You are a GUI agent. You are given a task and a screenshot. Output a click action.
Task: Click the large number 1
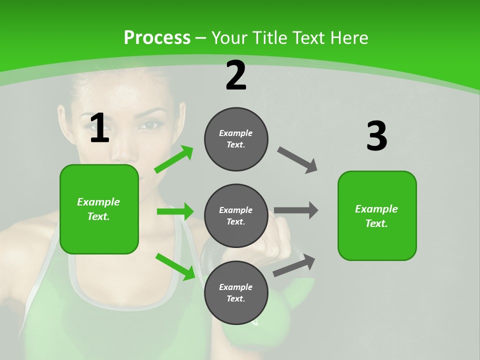tap(99, 128)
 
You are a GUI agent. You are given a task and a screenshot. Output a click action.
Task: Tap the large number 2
tap(236, 76)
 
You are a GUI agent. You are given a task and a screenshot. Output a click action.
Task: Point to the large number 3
tap(376, 136)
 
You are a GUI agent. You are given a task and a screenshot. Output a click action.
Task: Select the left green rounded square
tap(99, 209)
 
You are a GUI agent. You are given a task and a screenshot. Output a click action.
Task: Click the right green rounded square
tap(377, 215)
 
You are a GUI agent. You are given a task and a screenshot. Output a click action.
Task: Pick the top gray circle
tap(236, 139)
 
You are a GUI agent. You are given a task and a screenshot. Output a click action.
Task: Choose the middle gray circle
tap(236, 215)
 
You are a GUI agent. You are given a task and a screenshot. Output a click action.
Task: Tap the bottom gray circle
tap(236, 292)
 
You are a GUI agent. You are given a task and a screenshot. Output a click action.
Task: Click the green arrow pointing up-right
tap(174, 159)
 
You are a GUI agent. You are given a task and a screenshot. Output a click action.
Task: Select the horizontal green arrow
tap(175, 211)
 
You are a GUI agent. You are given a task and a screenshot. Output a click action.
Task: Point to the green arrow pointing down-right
tap(175, 266)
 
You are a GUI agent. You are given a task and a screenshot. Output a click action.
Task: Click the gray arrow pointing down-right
tap(297, 160)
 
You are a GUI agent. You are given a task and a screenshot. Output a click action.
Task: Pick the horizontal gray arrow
tap(296, 210)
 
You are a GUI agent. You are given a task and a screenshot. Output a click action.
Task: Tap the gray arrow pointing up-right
tap(294, 265)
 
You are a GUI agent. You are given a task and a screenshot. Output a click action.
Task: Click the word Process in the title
tap(157, 37)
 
